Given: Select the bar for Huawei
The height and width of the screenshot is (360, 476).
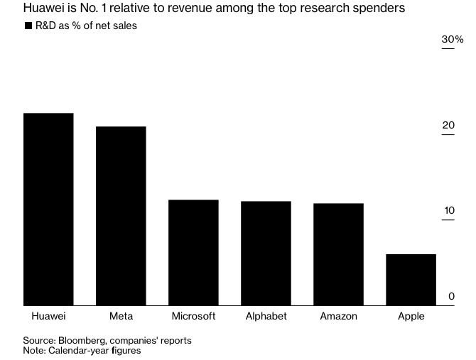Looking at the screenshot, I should (x=48, y=209).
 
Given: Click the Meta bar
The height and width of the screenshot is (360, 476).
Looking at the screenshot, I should (x=121, y=216).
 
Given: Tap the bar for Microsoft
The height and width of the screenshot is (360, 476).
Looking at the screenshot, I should (x=193, y=253).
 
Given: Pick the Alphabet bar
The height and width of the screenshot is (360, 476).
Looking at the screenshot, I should (x=266, y=253).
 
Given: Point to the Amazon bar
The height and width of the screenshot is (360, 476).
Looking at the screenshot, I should (x=338, y=254).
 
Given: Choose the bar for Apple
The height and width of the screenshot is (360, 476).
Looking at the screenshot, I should (x=411, y=280).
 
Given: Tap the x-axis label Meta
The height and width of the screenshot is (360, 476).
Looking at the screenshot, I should (x=121, y=316).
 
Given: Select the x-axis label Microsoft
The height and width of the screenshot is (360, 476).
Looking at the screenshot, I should (x=193, y=316).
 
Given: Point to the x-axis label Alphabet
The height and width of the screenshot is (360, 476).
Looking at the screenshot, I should (x=266, y=316).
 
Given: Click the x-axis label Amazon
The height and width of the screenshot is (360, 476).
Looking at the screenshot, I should (x=338, y=316).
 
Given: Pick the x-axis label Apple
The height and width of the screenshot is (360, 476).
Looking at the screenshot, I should (x=411, y=316).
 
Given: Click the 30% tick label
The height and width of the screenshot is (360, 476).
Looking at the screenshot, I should (x=452, y=40).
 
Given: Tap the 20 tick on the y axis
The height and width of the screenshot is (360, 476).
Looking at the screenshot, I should (x=448, y=126).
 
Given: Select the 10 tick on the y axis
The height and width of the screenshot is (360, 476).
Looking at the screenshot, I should (x=448, y=211).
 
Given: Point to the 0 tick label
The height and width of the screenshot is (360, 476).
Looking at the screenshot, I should (x=451, y=296).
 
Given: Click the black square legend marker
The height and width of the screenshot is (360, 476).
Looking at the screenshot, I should (x=28, y=26).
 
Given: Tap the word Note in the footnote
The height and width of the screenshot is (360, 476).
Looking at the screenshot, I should (x=33, y=351).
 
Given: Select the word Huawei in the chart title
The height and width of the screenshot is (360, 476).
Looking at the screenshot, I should (x=43, y=9).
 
